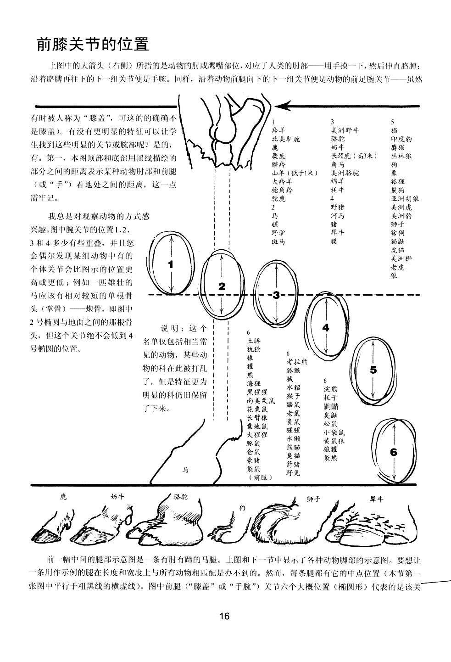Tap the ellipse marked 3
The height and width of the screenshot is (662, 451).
point(276,295)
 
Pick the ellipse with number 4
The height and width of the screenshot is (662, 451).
point(326,328)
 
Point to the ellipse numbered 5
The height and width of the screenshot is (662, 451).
point(373,370)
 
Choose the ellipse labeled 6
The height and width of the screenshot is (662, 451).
point(394,452)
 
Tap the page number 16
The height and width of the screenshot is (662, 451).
point(224,616)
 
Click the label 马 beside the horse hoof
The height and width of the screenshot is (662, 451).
point(186,470)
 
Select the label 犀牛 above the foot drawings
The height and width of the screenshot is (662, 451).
point(376,499)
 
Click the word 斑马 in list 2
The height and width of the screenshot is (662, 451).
point(278,241)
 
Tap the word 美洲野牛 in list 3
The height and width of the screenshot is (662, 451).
point(345,130)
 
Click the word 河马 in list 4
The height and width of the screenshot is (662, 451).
point(338,215)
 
